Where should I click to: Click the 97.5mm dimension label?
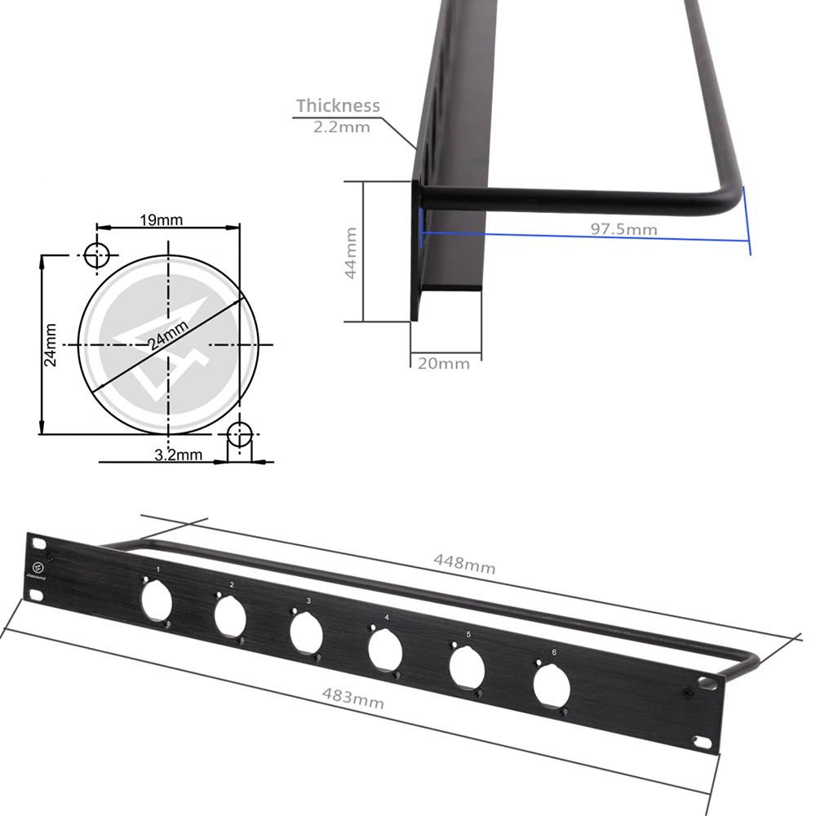(x=623, y=228)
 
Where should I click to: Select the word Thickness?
(x=338, y=105)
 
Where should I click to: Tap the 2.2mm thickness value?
(x=341, y=126)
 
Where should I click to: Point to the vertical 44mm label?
(x=351, y=254)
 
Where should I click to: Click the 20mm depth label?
(x=444, y=363)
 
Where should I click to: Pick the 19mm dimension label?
(x=162, y=220)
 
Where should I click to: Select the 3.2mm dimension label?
(x=178, y=455)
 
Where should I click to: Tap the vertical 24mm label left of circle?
(x=51, y=345)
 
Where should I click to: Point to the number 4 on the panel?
(x=386, y=618)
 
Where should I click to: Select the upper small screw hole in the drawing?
(x=97, y=255)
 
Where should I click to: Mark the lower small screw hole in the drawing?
(x=239, y=433)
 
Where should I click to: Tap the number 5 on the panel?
(x=468, y=635)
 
